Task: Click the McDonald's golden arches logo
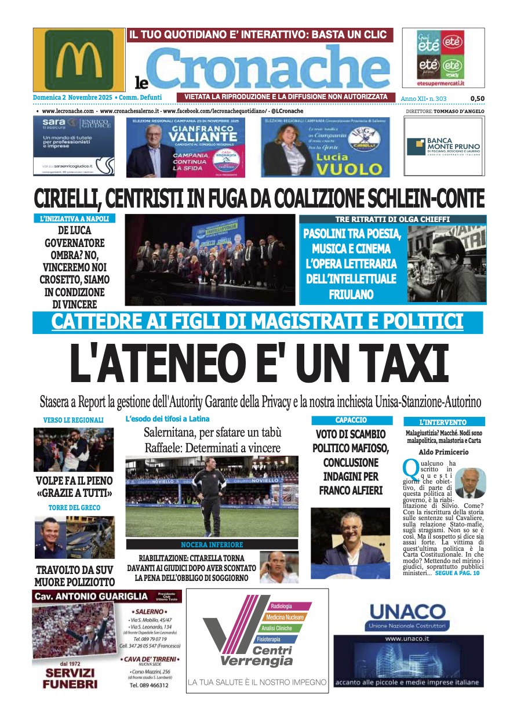[79, 60]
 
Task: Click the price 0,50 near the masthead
[477, 99]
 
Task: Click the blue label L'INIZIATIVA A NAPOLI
[74, 219]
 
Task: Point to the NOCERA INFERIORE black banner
[212, 545]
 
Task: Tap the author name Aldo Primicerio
[443, 452]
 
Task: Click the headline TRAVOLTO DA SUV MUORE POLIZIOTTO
[74, 576]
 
